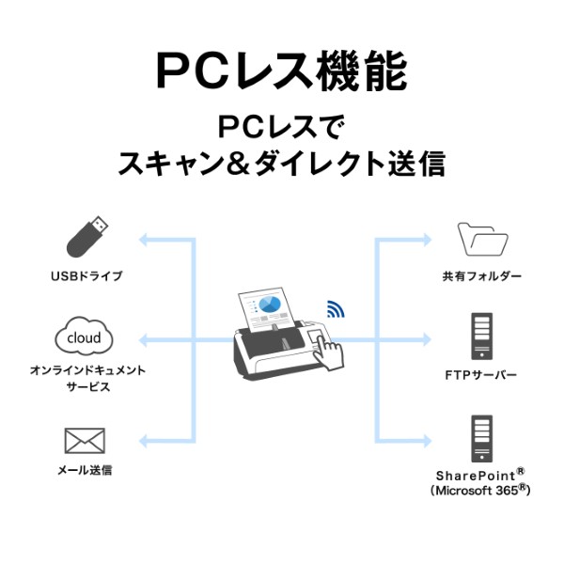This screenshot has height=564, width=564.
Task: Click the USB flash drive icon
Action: point(86,239)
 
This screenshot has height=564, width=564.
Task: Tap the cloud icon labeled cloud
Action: point(85,337)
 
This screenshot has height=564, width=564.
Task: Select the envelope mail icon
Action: point(85,440)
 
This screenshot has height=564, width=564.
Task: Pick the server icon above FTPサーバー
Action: point(481,336)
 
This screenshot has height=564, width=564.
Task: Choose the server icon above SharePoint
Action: point(481,437)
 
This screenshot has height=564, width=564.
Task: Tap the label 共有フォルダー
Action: point(481,277)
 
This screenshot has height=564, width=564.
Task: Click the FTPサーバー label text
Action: point(481,375)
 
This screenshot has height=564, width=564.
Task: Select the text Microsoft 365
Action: point(479,490)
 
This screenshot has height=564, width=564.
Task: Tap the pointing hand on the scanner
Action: point(326,348)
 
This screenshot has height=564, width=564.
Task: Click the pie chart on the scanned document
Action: point(271,305)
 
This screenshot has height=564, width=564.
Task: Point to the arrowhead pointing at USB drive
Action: point(145,240)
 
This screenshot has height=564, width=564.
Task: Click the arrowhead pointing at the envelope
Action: point(145,440)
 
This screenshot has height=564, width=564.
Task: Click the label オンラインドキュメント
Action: point(86,370)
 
